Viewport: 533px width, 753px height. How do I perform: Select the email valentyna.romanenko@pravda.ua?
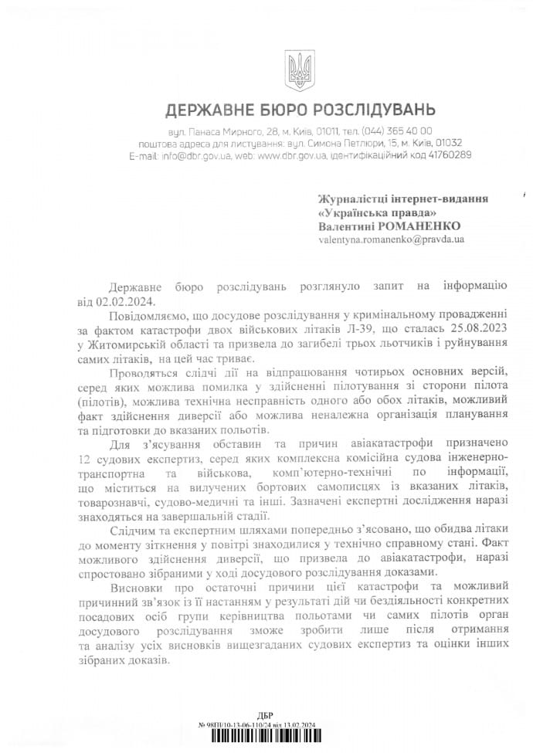(x=391, y=240)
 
